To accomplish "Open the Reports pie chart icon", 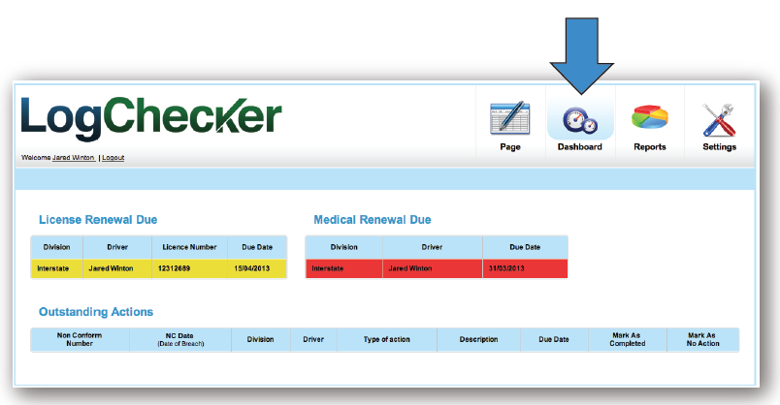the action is coord(649,118).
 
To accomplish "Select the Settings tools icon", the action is coord(719,118).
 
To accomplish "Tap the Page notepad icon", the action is coord(509,118).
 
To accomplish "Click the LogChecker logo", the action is coord(150,118).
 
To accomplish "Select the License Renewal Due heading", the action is coord(98,220).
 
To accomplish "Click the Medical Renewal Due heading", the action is coord(373,220).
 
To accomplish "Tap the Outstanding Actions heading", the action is coord(96,312).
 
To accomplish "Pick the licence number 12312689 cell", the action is coord(175,268).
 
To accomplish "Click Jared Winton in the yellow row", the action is coord(109,268).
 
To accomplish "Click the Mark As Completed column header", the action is coord(627,339).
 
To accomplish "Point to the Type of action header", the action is coord(386,339).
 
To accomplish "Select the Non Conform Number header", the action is coord(80,339).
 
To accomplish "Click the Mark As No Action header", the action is coord(702,339).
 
